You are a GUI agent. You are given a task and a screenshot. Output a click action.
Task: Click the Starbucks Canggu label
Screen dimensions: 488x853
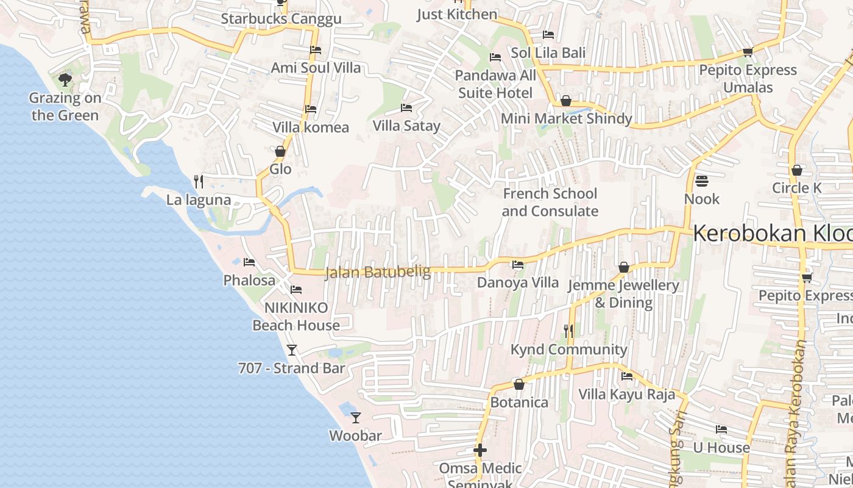[x=281, y=19]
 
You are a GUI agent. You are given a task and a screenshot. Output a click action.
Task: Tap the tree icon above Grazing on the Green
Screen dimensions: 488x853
[x=65, y=79]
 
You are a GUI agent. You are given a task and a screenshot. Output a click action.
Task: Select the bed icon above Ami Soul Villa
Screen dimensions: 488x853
[x=315, y=50]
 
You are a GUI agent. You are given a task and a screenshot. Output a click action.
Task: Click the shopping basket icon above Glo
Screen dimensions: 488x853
[x=280, y=151]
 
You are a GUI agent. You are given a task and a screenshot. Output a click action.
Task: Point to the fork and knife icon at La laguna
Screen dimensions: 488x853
[x=198, y=181]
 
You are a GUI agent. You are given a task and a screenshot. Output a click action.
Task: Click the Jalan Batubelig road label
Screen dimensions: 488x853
[x=378, y=272]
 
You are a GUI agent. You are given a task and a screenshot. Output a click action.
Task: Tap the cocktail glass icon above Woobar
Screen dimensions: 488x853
[x=356, y=418]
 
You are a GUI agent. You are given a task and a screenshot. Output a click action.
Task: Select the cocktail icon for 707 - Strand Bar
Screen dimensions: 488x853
[x=292, y=350]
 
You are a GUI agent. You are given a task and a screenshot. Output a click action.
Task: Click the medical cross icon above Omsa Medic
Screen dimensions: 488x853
[x=480, y=451]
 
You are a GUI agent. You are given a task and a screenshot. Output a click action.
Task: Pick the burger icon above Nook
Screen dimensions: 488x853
[x=702, y=181]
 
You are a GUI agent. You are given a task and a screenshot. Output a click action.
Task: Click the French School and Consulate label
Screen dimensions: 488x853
[x=550, y=203]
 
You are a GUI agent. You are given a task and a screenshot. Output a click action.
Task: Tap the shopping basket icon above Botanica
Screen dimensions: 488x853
[x=519, y=384]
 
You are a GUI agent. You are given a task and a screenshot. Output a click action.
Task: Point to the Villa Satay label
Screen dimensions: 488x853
[x=406, y=126]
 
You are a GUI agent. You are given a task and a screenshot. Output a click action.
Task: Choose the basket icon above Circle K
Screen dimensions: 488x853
[x=796, y=170]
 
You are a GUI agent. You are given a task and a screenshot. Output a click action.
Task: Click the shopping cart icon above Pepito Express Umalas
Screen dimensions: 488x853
[x=748, y=52]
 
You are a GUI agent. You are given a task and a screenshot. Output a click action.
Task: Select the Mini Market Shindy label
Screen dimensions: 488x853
[x=566, y=118]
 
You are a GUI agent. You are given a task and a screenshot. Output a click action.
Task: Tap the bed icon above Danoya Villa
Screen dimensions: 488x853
[x=517, y=265]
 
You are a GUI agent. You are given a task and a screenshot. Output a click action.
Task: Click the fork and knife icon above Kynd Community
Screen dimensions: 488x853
[x=568, y=331]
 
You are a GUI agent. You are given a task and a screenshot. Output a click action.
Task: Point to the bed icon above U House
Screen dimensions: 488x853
[x=721, y=429]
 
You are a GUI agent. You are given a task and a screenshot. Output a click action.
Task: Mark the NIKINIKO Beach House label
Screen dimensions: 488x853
[x=296, y=316]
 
